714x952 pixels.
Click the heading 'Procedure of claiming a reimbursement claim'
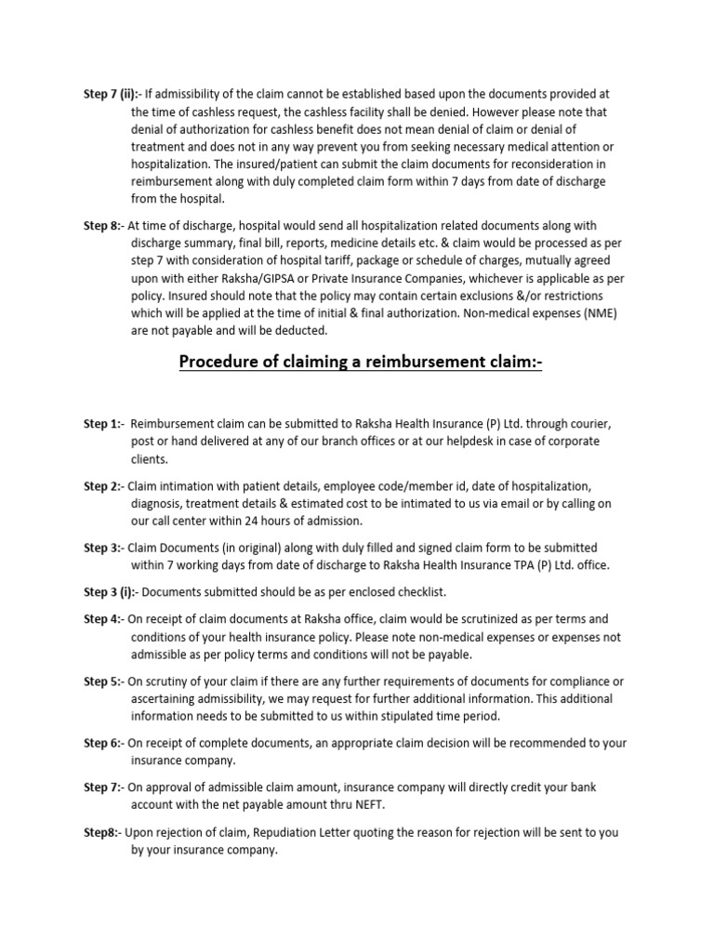point(360,361)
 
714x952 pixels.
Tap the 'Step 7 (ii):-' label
point(112,94)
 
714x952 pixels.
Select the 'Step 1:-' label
point(103,424)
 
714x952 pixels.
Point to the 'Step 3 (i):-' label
point(111,592)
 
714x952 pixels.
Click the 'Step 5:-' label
point(103,681)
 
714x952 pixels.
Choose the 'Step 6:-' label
point(103,743)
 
